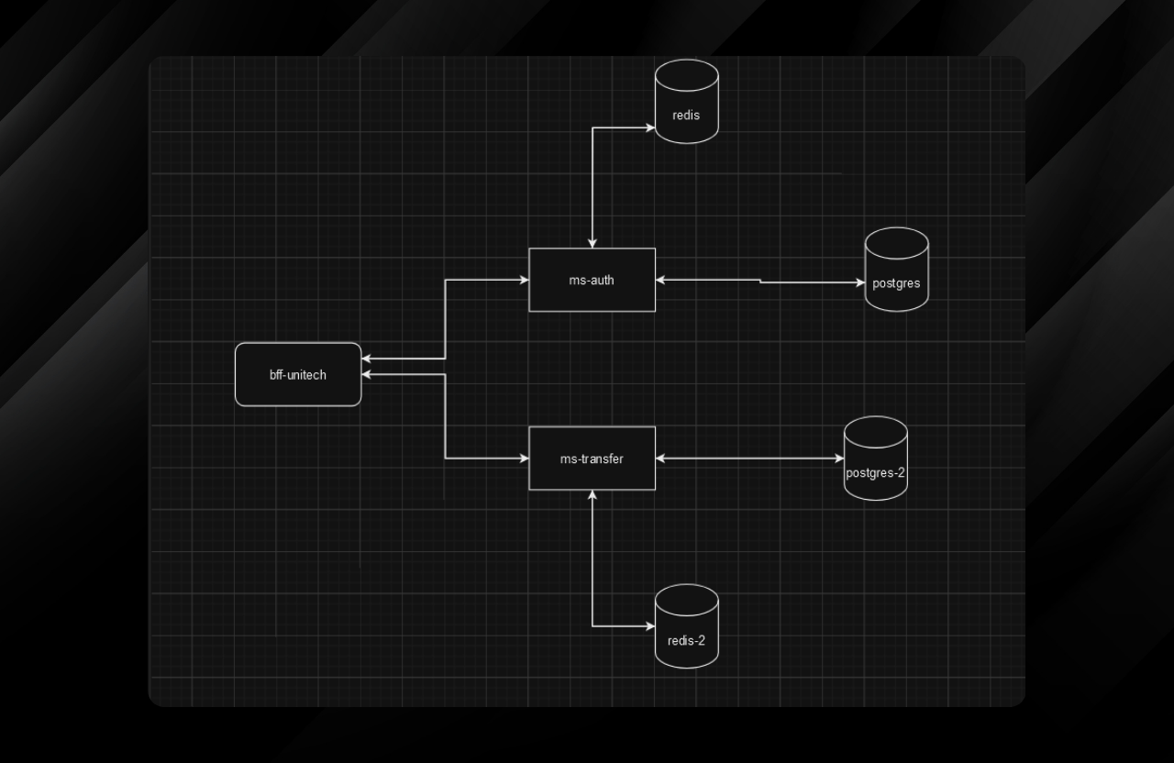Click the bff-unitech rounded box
pos(298,374)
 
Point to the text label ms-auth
pos(592,280)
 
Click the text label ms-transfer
pos(592,459)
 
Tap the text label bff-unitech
pos(298,374)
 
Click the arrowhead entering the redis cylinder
pos(650,128)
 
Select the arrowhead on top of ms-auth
pos(593,243)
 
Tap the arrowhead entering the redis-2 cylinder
pos(650,626)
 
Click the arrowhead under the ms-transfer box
pos(593,495)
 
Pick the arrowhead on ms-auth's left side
pos(524,280)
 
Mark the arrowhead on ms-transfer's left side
pos(524,458)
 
